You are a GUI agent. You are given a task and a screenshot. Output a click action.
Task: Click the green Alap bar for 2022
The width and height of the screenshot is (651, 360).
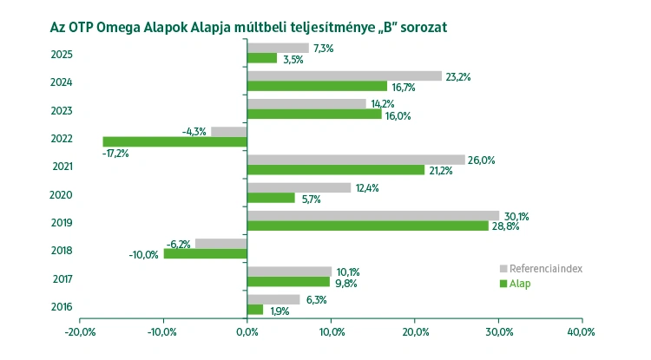pyautogui.click(x=174, y=141)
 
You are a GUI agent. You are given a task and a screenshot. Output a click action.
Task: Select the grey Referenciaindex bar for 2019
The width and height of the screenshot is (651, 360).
pyautogui.click(x=373, y=215)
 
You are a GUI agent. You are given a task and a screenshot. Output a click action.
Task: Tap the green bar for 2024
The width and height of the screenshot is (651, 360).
pyautogui.click(x=317, y=86)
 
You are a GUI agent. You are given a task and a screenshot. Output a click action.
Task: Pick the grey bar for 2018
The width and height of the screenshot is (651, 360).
pyautogui.click(x=221, y=244)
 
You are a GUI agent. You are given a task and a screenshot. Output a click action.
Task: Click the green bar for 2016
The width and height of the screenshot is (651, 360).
pyautogui.click(x=255, y=310)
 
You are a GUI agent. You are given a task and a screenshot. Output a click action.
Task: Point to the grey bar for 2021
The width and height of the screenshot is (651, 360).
pyautogui.click(x=356, y=160)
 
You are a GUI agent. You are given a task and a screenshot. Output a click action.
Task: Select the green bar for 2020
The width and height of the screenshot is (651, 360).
pyautogui.click(x=271, y=198)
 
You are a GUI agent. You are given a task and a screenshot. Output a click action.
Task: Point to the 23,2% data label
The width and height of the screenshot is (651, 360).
pyautogui.click(x=458, y=76)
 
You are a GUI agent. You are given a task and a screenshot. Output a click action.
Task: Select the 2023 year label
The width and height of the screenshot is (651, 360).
pyautogui.click(x=62, y=111)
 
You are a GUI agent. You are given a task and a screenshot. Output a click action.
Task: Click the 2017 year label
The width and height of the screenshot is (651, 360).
pyautogui.click(x=62, y=279)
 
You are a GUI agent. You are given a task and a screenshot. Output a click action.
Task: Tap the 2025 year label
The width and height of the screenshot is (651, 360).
pyautogui.click(x=62, y=56)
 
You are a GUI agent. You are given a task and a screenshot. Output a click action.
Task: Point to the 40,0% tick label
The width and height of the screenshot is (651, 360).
pyautogui.click(x=581, y=332)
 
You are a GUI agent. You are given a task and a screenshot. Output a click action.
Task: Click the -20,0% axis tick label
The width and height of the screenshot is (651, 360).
pyautogui.click(x=79, y=332)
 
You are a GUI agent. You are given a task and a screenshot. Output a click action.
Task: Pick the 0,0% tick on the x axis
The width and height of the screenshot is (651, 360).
pyautogui.click(x=247, y=332)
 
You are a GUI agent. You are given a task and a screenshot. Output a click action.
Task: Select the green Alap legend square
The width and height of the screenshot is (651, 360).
pyautogui.click(x=503, y=284)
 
